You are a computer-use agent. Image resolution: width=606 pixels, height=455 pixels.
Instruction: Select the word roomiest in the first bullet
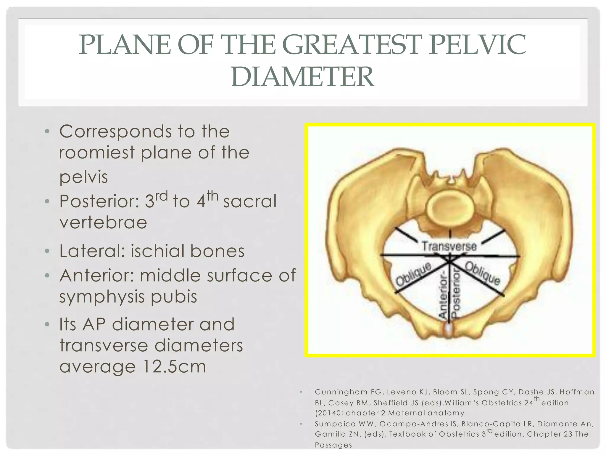click(x=97, y=153)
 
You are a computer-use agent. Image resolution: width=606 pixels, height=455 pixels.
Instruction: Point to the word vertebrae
click(x=103, y=222)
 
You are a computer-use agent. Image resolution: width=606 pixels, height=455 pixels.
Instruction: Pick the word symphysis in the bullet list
click(x=102, y=297)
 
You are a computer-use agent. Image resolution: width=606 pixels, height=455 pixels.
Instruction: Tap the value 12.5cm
click(x=174, y=367)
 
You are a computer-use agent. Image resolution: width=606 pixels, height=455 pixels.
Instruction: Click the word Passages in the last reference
click(x=333, y=445)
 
